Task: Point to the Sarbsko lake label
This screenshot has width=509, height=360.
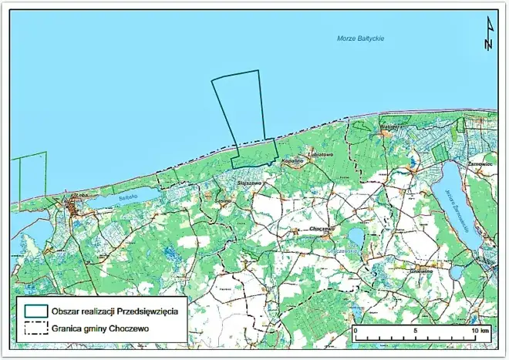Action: click(127, 197)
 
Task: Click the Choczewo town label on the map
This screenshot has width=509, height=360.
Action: click(319, 229)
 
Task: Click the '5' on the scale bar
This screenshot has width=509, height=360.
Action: click(415, 329)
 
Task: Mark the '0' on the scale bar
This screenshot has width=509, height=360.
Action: click(355, 329)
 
